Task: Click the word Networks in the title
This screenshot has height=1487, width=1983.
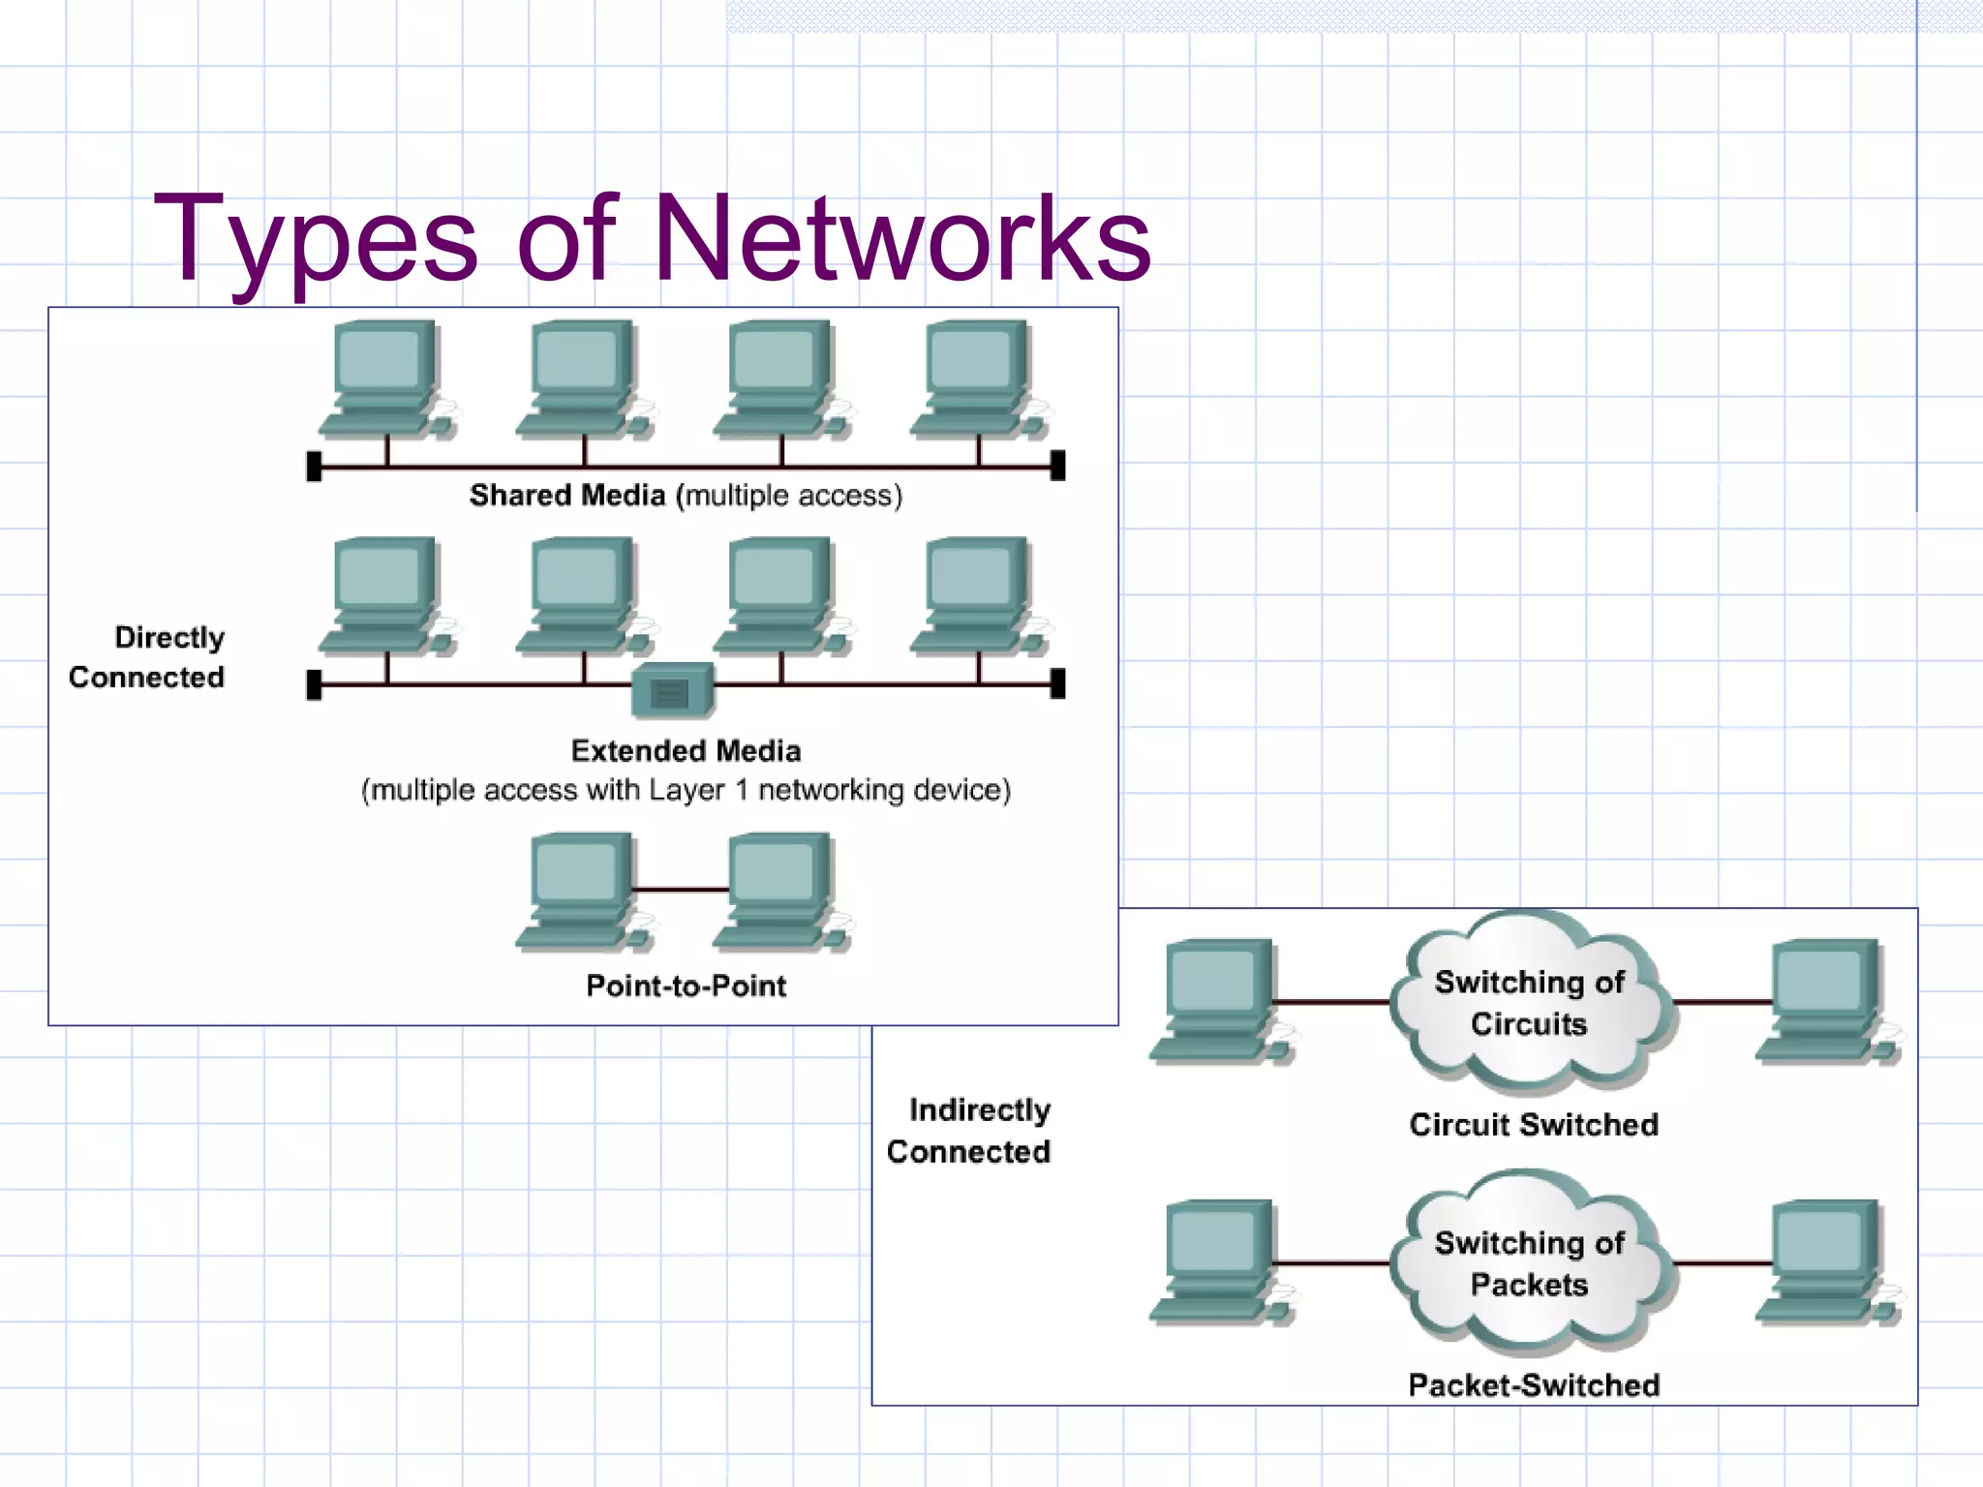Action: coord(901,238)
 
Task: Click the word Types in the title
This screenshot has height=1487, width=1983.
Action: coord(316,238)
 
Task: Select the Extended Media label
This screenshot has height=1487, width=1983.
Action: coord(686,751)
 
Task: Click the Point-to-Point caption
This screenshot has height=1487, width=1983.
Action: coord(686,986)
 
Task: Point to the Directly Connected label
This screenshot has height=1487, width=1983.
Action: coord(147,657)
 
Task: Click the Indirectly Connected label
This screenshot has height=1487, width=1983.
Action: coord(969,1131)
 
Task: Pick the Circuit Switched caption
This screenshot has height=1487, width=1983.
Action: coord(1533,1125)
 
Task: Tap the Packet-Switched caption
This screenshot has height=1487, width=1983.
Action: coord(1533,1385)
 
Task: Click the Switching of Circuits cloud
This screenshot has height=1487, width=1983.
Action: coord(1530,1003)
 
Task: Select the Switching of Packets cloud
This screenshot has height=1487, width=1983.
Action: coord(1530,1263)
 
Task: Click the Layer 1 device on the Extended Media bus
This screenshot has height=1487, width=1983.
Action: coord(672,691)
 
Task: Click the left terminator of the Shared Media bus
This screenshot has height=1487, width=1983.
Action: coord(314,467)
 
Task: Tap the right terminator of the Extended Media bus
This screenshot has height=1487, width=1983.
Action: coord(1058,683)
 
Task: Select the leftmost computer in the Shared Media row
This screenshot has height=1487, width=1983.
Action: coord(385,379)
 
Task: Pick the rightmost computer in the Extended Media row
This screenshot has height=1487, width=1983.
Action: coord(978,596)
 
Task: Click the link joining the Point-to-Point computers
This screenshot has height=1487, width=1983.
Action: coord(681,889)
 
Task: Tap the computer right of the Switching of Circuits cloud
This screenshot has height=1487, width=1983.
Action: coord(1824,1002)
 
